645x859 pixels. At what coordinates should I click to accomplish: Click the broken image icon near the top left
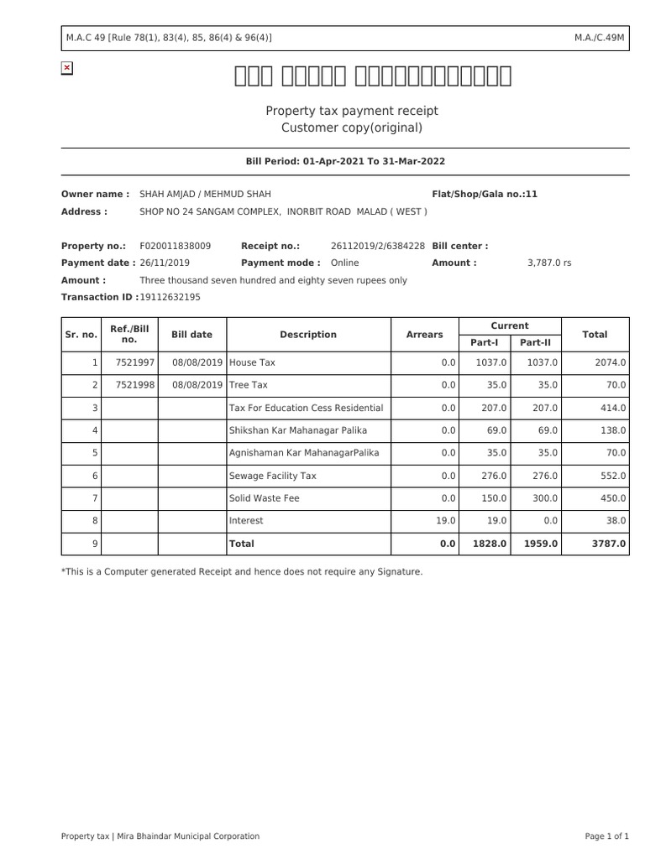pos(67,68)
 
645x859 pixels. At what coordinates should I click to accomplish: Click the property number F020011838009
pos(176,246)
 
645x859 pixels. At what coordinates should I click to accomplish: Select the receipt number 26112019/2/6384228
pos(378,246)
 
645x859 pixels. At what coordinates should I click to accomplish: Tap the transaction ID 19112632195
pos(170,297)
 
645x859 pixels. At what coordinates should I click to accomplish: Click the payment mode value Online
pos(344,263)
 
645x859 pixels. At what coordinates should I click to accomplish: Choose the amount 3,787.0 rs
pos(549,263)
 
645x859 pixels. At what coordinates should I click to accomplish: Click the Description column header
pos(308,335)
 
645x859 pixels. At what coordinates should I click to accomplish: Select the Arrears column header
pos(424,335)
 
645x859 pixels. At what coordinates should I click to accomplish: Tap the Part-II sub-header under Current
pos(535,342)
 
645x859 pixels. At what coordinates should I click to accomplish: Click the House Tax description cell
pos(252,362)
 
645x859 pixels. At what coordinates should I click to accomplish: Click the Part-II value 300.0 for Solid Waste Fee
pos(545,498)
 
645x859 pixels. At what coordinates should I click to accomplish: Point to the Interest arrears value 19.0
pos(446,521)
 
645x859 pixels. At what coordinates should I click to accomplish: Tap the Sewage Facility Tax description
pos(273,476)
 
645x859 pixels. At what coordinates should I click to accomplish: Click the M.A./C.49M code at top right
pos(600,38)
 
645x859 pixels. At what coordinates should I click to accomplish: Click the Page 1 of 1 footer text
pos(606,836)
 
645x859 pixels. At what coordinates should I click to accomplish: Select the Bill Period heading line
pos(345,161)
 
